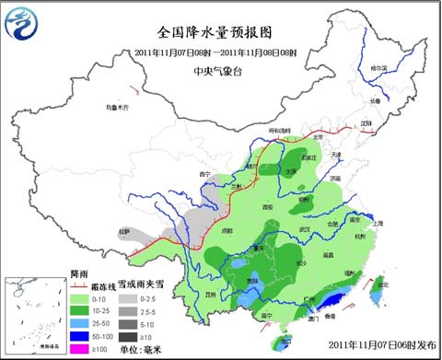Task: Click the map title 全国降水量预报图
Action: pos(221,29)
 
